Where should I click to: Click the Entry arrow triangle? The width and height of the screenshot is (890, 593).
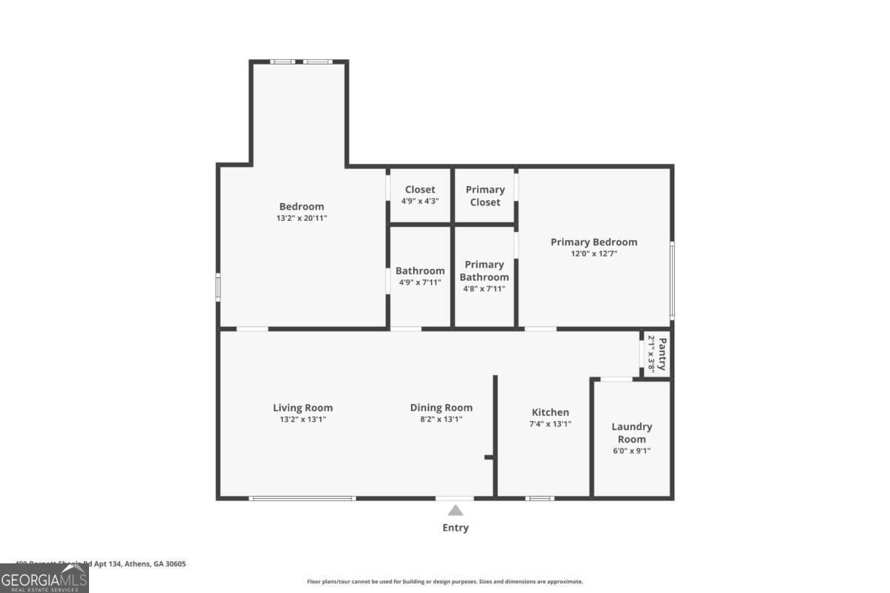pos(455,510)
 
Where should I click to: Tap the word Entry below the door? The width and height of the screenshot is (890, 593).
pos(455,528)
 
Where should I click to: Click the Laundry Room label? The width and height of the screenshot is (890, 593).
pos(632,433)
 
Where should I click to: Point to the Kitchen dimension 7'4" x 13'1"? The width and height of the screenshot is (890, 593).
pos(550,425)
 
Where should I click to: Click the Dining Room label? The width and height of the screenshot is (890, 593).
pos(441,408)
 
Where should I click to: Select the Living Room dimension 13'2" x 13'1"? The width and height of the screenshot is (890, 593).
pos(303,420)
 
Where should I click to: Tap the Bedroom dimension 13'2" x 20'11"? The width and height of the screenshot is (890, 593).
pos(301,219)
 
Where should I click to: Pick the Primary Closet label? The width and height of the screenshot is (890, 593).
pos(485,196)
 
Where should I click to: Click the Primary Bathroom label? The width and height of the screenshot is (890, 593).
pos(484,271)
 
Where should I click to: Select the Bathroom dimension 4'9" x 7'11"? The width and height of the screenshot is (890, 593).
pos(420,282)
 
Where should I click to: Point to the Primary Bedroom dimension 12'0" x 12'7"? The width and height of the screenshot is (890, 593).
pos(593,254)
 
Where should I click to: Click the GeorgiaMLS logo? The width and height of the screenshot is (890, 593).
pos(44,578)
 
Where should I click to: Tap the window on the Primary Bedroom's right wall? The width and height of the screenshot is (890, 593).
pos(672,280)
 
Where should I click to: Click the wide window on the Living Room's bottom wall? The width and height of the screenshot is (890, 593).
pos(303,498)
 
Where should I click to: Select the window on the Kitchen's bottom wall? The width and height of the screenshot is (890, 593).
pos(540,498)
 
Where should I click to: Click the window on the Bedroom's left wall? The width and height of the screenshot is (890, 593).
pos(218,287)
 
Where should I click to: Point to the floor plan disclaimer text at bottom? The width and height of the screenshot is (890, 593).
pos(445,582)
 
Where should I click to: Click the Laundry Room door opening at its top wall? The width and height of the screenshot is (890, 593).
pos(616,380)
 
